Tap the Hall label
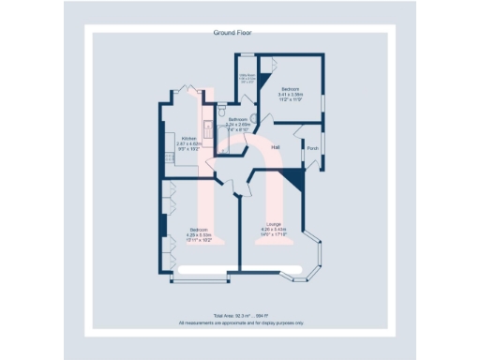coord(276,148)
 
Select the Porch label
coord(311,146)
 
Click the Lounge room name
coord(275,224)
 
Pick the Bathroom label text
coord(236,119)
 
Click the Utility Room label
coord(247,77)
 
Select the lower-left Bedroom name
coord(198,230)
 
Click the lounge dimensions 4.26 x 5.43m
coord(275,229)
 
